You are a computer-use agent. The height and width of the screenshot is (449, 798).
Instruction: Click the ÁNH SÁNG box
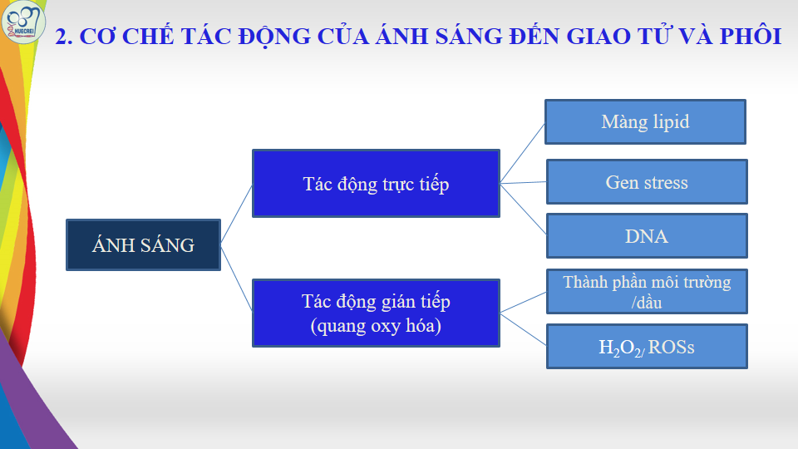[x=144, y=244]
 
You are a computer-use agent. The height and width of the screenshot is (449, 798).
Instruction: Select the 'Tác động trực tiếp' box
[x=376, y=183]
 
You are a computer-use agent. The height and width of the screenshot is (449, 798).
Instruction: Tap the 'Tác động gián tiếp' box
[x=376, y=313]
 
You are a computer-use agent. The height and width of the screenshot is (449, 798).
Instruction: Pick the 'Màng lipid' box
[x=645, y=121]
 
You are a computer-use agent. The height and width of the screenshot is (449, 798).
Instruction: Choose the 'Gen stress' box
[x=647, y=182]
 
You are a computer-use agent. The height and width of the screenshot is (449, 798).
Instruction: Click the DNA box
[x=647, y=235]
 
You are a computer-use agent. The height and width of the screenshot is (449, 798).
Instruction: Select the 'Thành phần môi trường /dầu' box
[x=647, y=292]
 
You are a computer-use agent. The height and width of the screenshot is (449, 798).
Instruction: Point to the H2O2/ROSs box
[x=647, y=346]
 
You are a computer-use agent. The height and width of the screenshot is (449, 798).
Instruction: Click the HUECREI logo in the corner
[x=23, y=22]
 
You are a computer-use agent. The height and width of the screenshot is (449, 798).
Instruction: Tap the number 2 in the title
[x=61, y=37]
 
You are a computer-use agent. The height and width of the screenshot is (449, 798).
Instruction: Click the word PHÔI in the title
[x=751, y=36]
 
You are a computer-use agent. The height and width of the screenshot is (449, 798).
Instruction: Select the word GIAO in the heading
[x=598, y=36]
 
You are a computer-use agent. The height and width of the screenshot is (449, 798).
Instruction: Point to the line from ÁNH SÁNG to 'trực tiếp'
[x=237, y=215]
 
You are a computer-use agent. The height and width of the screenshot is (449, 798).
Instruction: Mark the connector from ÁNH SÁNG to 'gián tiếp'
[x=237, y=279]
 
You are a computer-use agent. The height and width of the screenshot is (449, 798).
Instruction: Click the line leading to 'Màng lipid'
[x=523, y=153]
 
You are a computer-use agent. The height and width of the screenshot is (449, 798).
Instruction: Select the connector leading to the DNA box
[x=524, y=209]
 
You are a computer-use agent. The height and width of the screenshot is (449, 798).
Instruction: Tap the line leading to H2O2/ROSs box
[x=524, y=329]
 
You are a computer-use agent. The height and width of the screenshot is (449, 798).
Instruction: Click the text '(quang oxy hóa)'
[x=376, y=326]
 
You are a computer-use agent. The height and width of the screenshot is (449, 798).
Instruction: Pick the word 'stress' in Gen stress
[x=665, y=183]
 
